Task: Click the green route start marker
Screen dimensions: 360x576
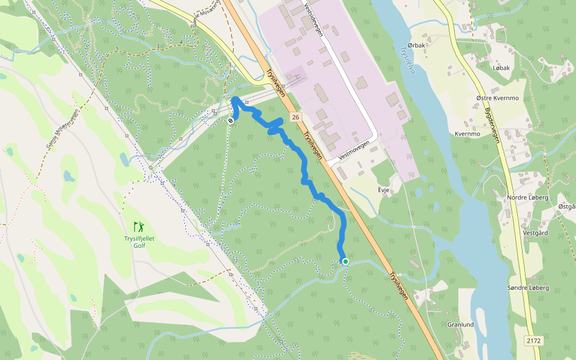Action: coord(346,261)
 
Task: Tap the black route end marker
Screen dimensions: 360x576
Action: coord(230,121)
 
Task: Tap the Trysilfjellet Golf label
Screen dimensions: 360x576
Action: coord(139,241)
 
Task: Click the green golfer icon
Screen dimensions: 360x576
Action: coord(139,227)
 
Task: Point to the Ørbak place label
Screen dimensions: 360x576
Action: coord(416,46)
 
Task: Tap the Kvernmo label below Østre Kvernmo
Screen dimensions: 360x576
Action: coord(468,134)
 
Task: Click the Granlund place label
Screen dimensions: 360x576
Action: coord(460,324)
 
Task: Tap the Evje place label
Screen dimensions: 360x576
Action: coord(384,190)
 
